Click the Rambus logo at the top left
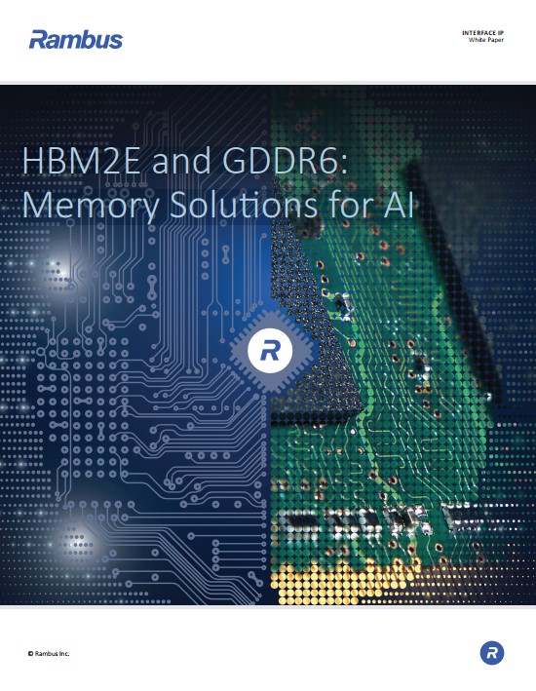76,39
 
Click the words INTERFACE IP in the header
482,33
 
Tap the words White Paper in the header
485,40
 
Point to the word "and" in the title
181,162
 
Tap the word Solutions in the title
244,205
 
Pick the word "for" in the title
350,205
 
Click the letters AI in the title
399,205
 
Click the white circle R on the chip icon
270,351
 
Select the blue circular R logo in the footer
492,653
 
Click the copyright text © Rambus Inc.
49,654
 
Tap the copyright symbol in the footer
30,654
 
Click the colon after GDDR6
343,165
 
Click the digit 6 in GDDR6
330,161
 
